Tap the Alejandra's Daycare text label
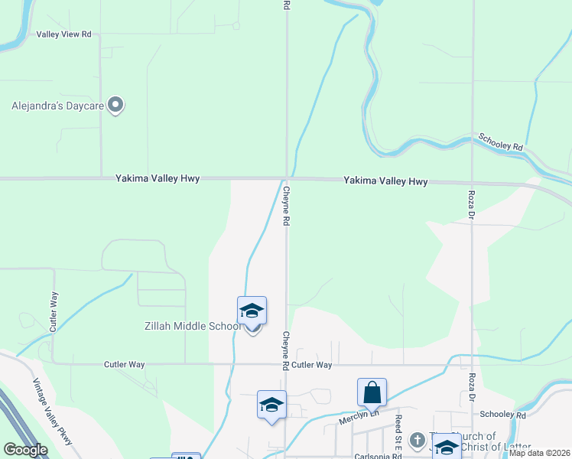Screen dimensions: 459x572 tap(57, 106)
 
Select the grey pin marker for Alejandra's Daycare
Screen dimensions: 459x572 tap(115, 105)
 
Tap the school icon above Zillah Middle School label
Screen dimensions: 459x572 tap(252, 311)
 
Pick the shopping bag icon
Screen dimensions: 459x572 tap(372, 392)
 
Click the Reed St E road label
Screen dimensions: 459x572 tap(398, 431)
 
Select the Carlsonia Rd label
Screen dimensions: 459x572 tap(378, 456)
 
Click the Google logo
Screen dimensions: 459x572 tap(25, 450)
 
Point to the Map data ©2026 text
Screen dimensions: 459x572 tap(539, 453)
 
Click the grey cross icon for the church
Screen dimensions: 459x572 tap(417, 440)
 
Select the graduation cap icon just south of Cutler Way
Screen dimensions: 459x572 tap(271, 405)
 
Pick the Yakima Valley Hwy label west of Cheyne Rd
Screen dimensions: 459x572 tap(158, 178)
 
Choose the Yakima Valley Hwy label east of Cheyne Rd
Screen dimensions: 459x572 tap(385, 181)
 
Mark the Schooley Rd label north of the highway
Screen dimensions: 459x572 tap(500, 142)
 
